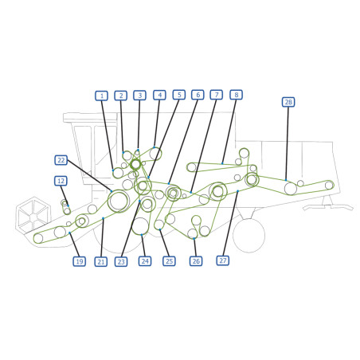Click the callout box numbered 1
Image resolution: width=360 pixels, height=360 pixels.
click(x=101, y=96)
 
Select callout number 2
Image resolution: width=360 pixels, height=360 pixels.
click(x=121, y=96)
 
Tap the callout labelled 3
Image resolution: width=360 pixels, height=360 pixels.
click(x=139, y=96)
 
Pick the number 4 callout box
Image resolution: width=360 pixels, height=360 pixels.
click(x=159, y=95)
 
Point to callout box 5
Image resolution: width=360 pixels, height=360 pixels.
click(x=179, y=95)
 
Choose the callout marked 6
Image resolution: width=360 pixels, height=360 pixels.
click(x=198, y=95)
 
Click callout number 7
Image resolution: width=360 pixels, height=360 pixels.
click(x=217, y=95)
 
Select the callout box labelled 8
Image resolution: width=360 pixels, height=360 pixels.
click(x=237, y=95)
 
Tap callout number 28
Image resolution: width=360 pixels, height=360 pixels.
click(x=288, y=102)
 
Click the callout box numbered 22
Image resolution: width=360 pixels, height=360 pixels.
click(x=61, y=160)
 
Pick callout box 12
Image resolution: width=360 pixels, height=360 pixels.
click(x=61, y=181)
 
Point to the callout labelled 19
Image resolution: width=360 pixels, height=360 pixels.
click(x=80, y=261)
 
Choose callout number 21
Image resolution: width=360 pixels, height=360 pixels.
click(x=101, y=262)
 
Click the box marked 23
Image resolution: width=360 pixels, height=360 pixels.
click(x=121, y=262)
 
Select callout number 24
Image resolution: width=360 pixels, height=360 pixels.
click(x=145, y=261)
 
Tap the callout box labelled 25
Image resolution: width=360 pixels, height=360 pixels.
click(x=169, y=261)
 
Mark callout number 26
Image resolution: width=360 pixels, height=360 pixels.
click(x=196, y=261)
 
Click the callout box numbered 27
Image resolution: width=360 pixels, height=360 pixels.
click(x=223, y=260)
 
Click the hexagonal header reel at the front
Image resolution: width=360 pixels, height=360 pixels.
click(x=33, y=216)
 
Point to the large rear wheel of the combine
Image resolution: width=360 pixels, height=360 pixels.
click(x=248, y=235)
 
